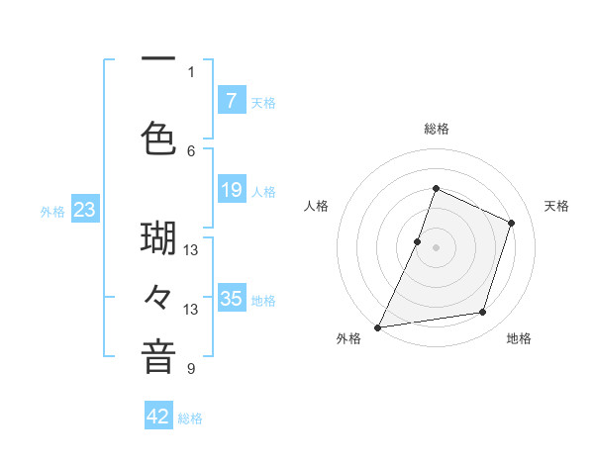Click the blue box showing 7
(x=231, y=100)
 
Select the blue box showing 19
(x=231, y=189)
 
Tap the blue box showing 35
(x=231, y=298)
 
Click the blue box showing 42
(x=158, y=417)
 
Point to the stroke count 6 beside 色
(x=191, y=150)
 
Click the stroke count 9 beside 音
(x=191, y=369)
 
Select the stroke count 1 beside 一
(x=191, y=71)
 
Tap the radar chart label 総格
(x=436, y=129)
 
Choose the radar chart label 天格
(x=556, y=206)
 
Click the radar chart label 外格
(x=348, y=338)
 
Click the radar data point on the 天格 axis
(x=512, y=223)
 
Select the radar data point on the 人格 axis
(x=418, y=241)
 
